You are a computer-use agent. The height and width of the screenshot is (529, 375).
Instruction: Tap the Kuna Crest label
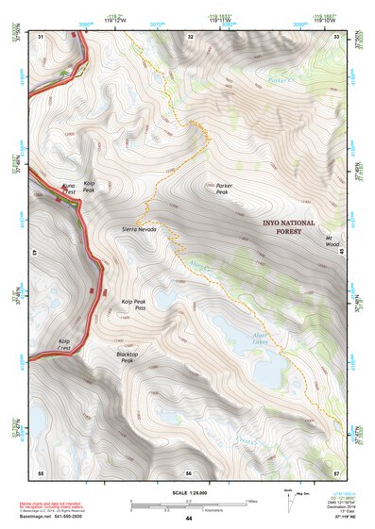point(67,191)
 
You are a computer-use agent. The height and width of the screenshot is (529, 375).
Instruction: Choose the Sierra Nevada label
point(139,229)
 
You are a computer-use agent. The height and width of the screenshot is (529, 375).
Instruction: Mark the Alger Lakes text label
point(263,338)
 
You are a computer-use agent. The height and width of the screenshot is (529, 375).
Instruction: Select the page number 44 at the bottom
point(188,519)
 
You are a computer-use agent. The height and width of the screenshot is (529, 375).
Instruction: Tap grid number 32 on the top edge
point(191,37)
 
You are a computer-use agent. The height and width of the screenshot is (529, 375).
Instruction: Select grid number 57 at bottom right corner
point(337,471)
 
